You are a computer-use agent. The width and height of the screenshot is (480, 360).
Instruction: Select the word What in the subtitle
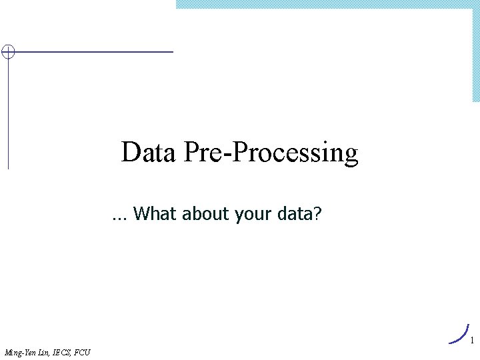click(x=154, y=214)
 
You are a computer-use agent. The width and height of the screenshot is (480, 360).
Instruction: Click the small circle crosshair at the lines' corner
click(x=7, y=52)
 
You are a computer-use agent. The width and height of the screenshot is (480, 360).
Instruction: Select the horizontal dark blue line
click(x=93, y=51)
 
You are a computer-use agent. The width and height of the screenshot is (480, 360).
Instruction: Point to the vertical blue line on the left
click(x=8, y=113)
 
